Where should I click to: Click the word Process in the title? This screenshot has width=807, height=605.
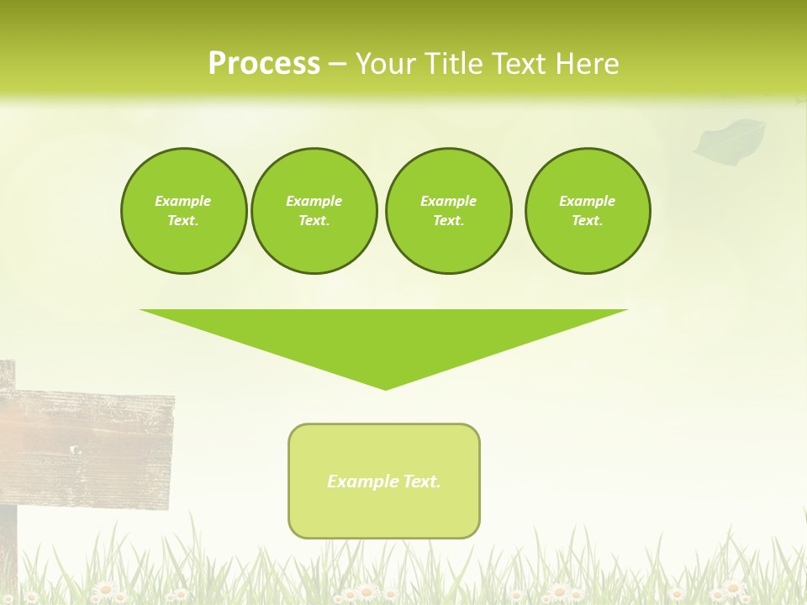coord(264,64)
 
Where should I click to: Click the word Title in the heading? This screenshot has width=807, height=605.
coord(455,64)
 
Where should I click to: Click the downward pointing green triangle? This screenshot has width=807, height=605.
coord(384,336)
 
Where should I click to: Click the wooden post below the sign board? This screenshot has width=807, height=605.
coord(8,546)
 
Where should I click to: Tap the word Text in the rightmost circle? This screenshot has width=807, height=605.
coord(587,220)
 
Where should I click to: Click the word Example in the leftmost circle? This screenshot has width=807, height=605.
coord(183,201)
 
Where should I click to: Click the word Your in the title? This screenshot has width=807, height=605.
coord(385,64)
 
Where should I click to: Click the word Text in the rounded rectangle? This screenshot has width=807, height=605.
coord(421,481)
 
